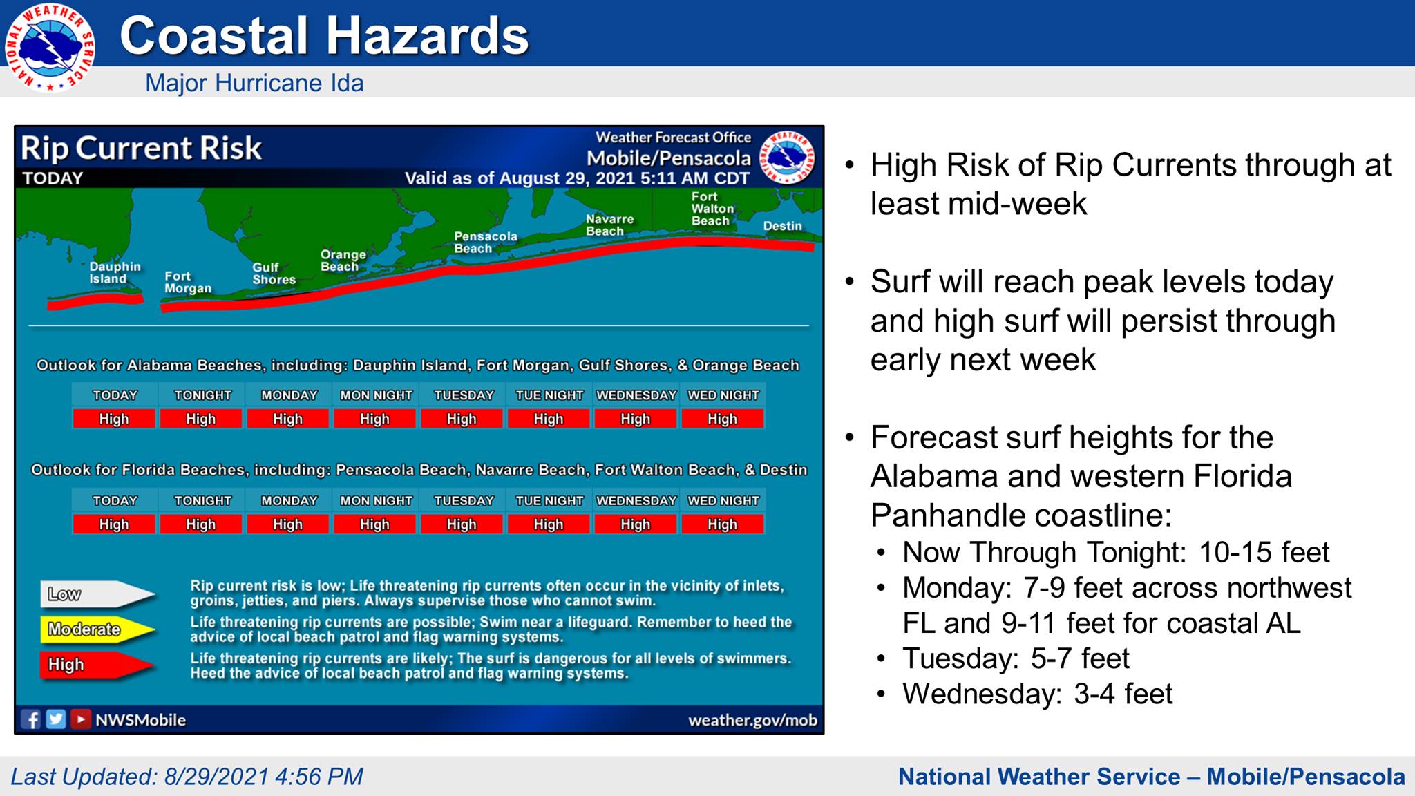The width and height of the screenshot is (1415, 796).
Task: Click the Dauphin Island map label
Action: click(x=114, y=273)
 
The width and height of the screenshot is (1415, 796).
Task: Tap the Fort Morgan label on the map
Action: click(x=187, y=282)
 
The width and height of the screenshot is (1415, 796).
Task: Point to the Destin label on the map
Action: click(x=782, y=226)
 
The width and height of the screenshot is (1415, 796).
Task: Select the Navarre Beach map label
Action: click(x=609, y=225)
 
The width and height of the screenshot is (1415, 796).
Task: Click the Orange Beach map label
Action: click(x=343, y=260)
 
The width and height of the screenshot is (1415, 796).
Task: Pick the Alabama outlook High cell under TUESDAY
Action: click(x=462, y=419)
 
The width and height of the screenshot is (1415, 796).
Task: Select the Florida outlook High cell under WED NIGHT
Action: click(x=722, y=524)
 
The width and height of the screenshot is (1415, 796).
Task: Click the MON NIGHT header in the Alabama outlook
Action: click(x=375, y=395)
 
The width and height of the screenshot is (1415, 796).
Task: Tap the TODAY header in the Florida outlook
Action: click(x=115, y=500)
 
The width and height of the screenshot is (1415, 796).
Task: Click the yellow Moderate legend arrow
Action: click(x=97, y=629)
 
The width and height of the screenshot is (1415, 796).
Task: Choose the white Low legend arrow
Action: click(x=97, y=594)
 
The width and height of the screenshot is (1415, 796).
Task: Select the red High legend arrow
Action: click(x=97, y=665)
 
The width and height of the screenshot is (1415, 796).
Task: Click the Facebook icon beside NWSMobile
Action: click(x=31, y=719)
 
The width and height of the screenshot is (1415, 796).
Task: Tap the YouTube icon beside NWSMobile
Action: click(x=80, y=719)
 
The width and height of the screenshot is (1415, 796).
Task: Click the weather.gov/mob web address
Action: click(x=752, y=720)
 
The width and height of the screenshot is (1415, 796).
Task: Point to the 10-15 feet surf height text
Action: click(x=1264, y=553)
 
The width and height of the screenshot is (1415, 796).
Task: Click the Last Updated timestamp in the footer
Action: click(x=187, y=777)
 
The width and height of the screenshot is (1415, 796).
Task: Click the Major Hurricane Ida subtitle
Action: click(x=254, y=83)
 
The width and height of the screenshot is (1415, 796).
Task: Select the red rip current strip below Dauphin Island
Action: click(x=95, y=302)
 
